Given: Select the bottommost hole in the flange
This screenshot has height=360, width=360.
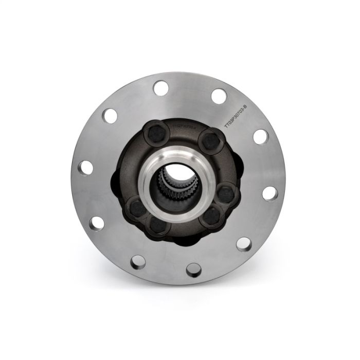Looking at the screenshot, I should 192,267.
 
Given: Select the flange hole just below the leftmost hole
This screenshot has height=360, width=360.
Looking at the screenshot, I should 95,223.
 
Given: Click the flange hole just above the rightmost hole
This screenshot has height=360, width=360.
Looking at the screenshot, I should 261,136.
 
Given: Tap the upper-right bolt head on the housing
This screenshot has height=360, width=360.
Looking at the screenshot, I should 208,139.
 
